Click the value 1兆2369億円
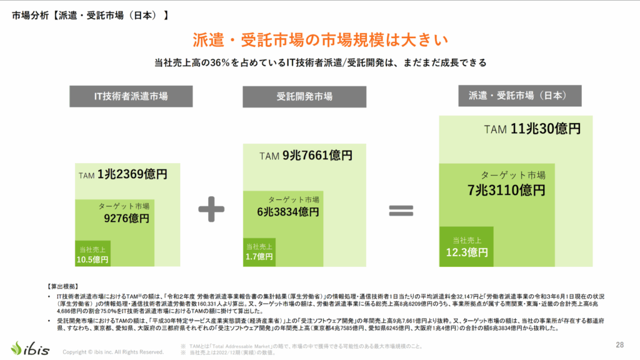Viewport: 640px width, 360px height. click(x=132, y=175)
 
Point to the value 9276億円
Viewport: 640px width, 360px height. click(x=126, y=219)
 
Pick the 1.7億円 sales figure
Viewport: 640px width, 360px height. click(x=259, y=256)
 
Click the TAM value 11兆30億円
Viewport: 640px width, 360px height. click(x=546, y=129)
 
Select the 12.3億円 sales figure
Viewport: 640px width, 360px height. click(x=467, y=252)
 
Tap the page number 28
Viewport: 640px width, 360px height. click(x=620, y=344)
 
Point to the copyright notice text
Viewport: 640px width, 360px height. click(x=113, y=352)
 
